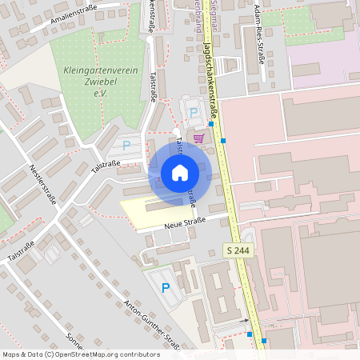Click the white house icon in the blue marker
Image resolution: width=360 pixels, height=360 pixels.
(180, 173)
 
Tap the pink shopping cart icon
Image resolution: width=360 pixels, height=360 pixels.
(198, 137)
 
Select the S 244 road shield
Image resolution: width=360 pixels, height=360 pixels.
(234, 250)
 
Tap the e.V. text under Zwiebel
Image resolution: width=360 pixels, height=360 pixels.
(100, 94)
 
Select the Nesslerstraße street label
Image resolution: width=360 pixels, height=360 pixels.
(42, 185)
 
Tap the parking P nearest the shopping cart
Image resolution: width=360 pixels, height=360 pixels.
(193, 113)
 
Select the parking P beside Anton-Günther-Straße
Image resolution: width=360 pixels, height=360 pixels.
(166, 288)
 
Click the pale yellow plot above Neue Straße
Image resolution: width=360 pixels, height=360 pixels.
(148, 210)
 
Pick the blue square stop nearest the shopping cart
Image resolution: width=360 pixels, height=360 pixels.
(211, 123)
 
